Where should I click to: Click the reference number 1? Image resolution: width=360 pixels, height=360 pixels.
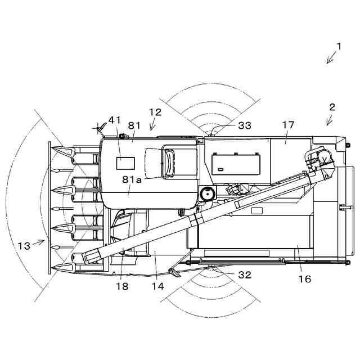[339, 46]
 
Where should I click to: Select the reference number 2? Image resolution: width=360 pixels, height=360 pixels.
[332, 106]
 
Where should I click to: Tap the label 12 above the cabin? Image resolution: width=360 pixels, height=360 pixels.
[155, 112]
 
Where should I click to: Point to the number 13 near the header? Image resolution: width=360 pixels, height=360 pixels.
[24, 246]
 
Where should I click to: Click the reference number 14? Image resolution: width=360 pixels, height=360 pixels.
[157, 286]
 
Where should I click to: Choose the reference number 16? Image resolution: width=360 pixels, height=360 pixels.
[305, 279]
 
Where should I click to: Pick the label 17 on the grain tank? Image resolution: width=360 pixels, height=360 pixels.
[288, 125]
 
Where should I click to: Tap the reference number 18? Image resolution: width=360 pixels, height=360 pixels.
[122, 286]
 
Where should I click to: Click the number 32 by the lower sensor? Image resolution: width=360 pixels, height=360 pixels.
[245, 275]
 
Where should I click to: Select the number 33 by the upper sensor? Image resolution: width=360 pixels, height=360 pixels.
[245, 125]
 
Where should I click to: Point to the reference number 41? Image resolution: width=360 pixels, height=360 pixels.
[115, 120]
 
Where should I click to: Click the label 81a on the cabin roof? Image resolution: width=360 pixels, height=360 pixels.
[132, 179]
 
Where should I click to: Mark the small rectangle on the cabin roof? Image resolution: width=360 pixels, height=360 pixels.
[125, 163]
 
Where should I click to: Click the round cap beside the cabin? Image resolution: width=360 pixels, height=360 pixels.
[207, 193]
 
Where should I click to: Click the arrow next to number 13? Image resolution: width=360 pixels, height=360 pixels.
[38, 242]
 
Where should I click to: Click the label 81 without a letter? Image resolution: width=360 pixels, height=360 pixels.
[133, 125]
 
